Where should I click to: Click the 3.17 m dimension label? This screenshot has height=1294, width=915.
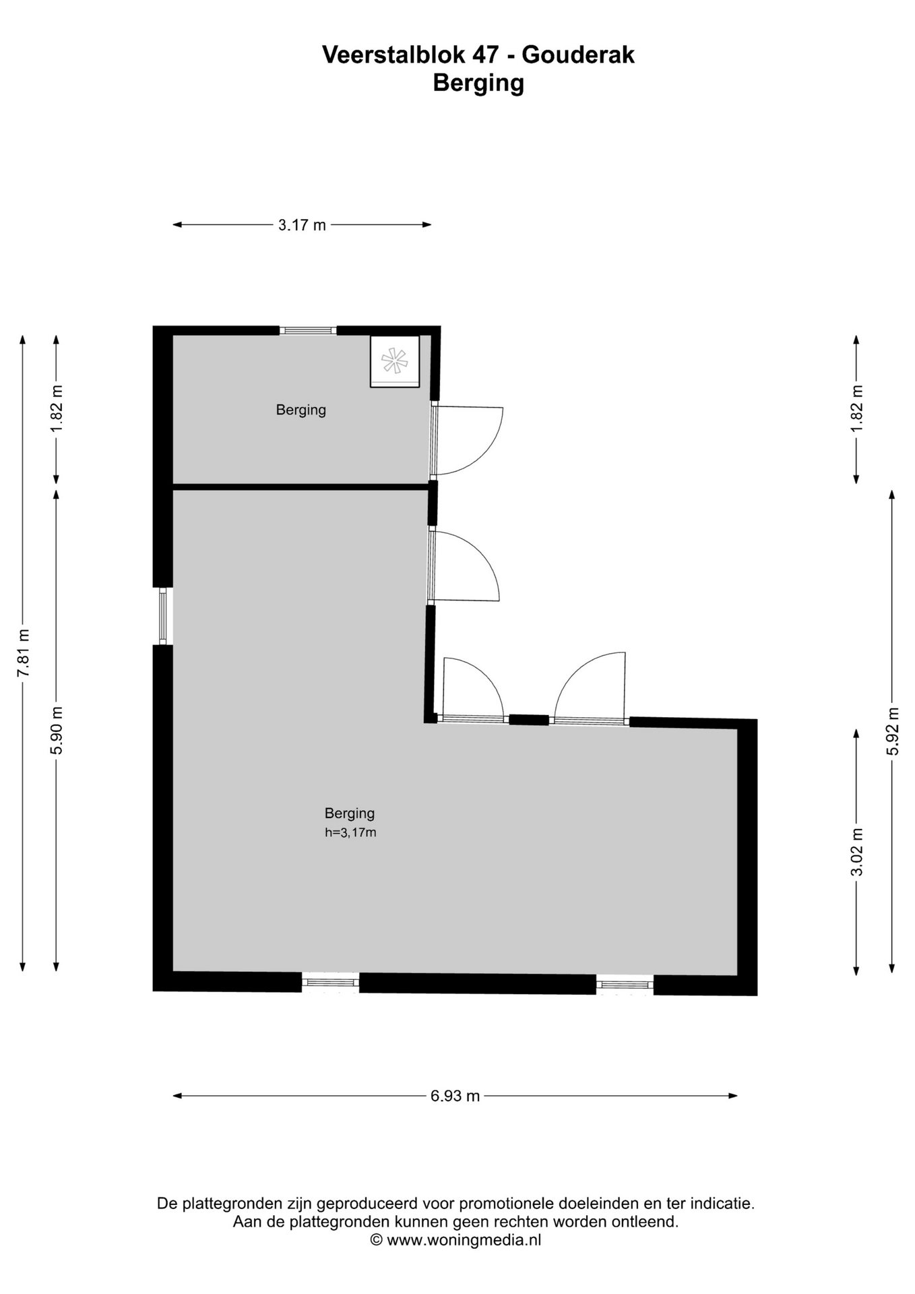302,225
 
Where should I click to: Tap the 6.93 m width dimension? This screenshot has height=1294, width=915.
455,1095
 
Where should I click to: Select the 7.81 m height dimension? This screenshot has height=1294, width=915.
23,653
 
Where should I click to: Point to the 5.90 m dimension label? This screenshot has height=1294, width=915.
57,731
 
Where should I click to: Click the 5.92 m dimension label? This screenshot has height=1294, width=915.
893,731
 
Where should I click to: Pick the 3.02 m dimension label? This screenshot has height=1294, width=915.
857,852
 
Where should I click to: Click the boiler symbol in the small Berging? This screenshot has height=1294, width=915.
395,361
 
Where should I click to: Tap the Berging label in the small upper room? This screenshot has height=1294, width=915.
301,410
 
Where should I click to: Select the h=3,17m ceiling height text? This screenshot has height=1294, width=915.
350,832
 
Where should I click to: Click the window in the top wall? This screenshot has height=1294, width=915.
308,330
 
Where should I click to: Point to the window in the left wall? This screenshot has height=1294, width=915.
162,616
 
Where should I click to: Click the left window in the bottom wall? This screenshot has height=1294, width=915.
330,983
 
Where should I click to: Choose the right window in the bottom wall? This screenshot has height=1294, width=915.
625,985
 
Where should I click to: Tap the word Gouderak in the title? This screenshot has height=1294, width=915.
578,55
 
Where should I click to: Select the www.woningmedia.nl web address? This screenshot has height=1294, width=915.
464,1239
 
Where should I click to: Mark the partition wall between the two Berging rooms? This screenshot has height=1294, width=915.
301,487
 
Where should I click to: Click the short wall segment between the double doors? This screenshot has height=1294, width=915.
529,720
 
